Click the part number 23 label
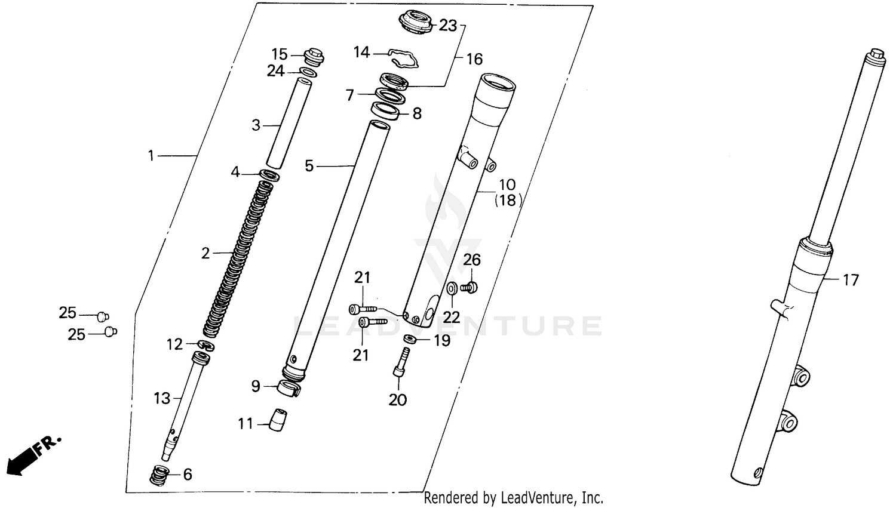pos(447,26)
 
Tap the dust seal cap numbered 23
pos(416,23)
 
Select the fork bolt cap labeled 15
pos(314,56)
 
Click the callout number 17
pos(850,279)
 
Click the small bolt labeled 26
pos(470,288)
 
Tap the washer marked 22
pos(452,289)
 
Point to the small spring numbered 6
pos(158,475)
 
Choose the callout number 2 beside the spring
pos(205,254)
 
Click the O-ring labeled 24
pos(308,73)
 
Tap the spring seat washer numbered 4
pos(269,176)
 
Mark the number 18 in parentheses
pos(507,201)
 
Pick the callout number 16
pos(474,59)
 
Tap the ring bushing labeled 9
pos(289,388)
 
